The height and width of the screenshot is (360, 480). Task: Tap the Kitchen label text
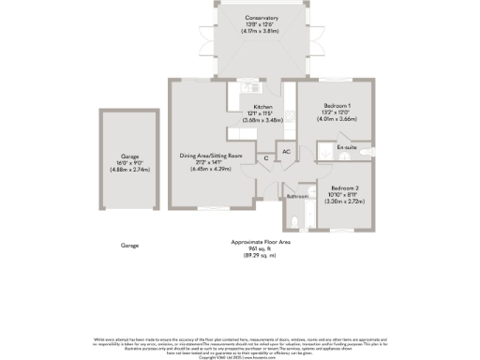[x=262, y=108]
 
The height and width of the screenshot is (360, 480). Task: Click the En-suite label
[x=348, y=148]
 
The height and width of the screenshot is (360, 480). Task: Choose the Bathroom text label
[x=297, y=197]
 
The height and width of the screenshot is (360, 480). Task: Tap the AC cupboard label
[x=286, y=152]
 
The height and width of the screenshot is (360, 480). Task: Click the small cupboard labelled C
[x=266, y=158]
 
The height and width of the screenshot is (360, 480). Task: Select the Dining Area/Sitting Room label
[x=211, y=155]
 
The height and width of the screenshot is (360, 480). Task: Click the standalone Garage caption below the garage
[x=129, y=246]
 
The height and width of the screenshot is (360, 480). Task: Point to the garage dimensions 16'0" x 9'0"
[x=129, y=162]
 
